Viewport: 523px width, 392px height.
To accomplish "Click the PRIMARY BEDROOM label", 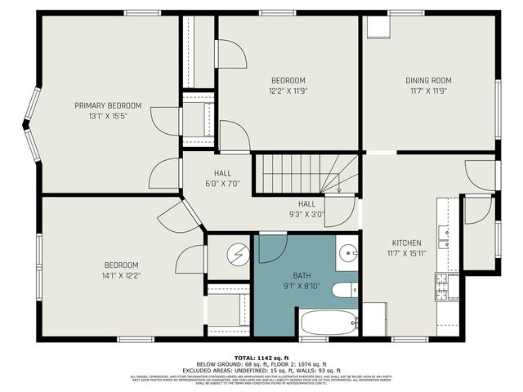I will pos(108,105).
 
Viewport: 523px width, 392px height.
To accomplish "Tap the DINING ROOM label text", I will pos(428,81).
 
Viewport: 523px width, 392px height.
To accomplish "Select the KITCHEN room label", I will pos(406,243).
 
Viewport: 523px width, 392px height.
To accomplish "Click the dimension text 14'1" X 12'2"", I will pos(120,275).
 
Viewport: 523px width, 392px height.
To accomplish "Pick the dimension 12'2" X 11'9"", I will pos(288,91).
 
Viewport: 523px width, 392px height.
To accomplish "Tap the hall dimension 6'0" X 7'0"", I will pos(222,184).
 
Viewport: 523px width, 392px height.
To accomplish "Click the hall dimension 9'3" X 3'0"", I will pos(306,215).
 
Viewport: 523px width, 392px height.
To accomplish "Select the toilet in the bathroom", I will pos(344,289).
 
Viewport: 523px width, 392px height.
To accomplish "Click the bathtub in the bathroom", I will pos(329,323).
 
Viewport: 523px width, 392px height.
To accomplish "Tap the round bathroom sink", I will pos(347,253).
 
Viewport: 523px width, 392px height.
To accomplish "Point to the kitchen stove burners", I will pos(442,286).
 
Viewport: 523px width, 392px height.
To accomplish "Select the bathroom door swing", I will pos(271,247).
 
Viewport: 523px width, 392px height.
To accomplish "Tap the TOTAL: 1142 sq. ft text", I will pos(261,358).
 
